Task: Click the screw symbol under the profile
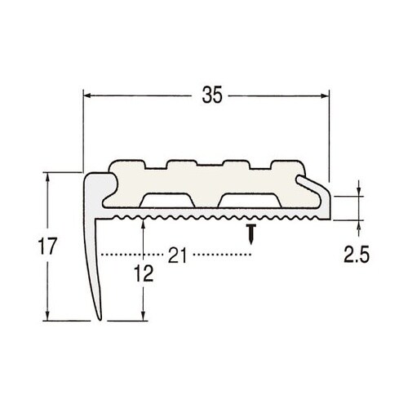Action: coord(252,233)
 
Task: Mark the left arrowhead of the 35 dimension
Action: coord(90,96)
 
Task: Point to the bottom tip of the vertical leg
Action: coord(100,319)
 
